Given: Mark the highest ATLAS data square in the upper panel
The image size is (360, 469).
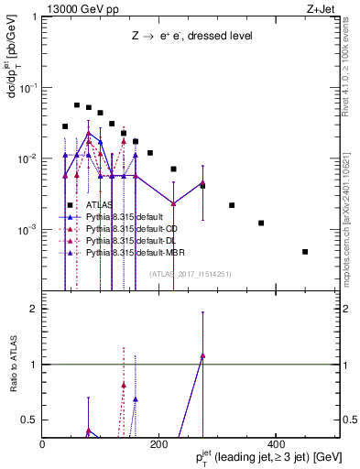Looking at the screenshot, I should [x=77, y=105].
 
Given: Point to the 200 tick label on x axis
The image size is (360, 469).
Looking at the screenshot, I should [x=157, y=444].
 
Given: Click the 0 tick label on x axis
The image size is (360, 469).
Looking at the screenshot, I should [x=43, y=444].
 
